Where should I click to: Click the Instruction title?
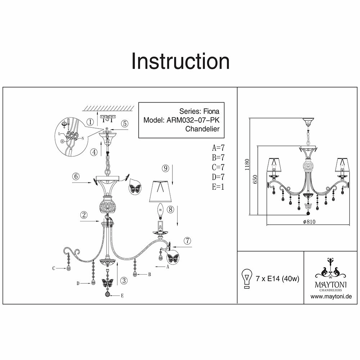click(x=180, y=61)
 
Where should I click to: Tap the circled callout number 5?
click(x=125, y=123)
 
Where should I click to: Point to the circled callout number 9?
click(x=165, y=168)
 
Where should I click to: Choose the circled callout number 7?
click(x=186, y=241)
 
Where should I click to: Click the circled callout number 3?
click(x=123, y=280)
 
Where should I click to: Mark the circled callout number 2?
click(x=84, y=215)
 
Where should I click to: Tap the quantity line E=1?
click(x=219, y=186)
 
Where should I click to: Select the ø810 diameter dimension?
click(x=309, y=222)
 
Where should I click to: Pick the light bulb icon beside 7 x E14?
click(x=247, y=278)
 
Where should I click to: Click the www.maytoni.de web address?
click(x=331, y=297)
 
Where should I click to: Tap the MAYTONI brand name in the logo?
click(x=331, y=284)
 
